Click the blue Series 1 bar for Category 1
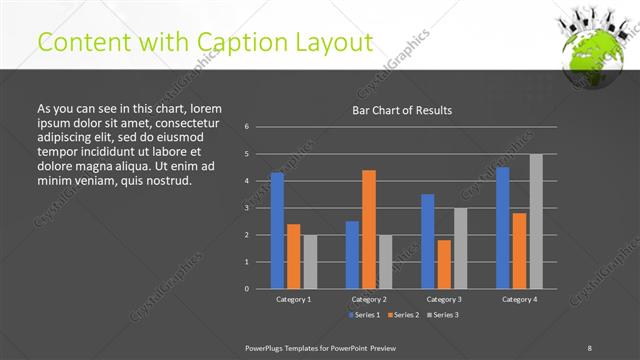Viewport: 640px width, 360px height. (277, 231)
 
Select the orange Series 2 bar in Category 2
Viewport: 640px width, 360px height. (368, 229)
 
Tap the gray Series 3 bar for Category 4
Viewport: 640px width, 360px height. (536, 221)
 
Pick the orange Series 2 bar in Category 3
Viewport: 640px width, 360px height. (444, 264)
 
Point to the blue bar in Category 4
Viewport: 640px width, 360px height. (502, 228)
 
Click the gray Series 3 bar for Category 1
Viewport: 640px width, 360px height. (310, 262)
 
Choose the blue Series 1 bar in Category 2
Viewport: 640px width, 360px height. (352, 255)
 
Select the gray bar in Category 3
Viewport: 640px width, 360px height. (460, 248)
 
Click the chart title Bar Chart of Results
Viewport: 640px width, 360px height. (402, 110)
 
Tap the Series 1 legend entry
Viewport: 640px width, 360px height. (364, 315)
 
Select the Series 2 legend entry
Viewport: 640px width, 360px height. (402, 315)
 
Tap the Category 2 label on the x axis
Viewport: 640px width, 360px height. (368, 299)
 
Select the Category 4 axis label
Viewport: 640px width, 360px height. (519, 299)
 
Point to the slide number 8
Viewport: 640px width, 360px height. (589, 347)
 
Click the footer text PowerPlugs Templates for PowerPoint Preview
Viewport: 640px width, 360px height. (321, 347)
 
